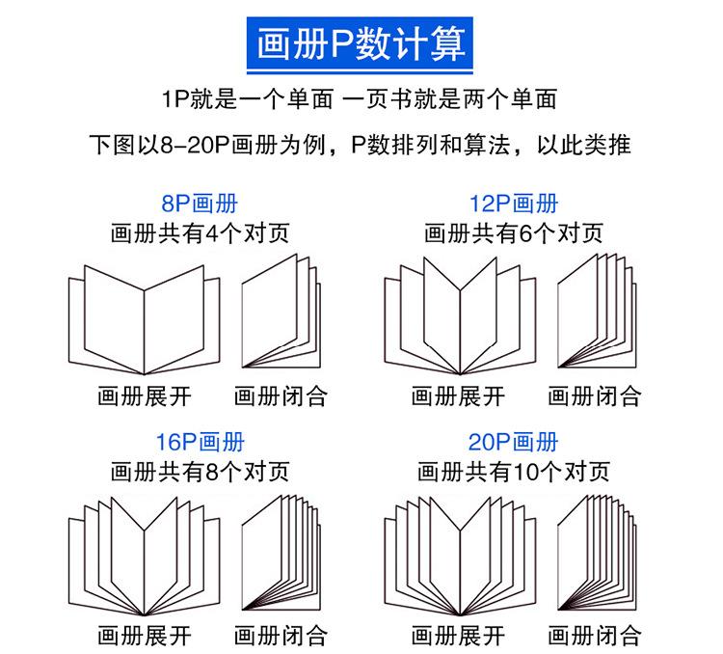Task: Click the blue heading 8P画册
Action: (x=199, y=204)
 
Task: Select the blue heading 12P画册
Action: (x=513, y=204)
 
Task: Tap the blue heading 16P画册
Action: (x=199, y=443)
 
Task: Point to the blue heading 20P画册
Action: (x=513, y=443)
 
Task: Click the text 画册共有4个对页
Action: (x=199, y=232)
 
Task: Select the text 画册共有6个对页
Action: (x=513, y=232)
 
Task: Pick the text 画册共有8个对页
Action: (x=199, y=472)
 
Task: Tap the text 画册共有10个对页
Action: (x=513, y=472)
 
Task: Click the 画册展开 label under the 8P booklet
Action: (x=145, y=396)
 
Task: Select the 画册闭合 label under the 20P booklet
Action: (x=595, y=636)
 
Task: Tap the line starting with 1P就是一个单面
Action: (x=361, y=99)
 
